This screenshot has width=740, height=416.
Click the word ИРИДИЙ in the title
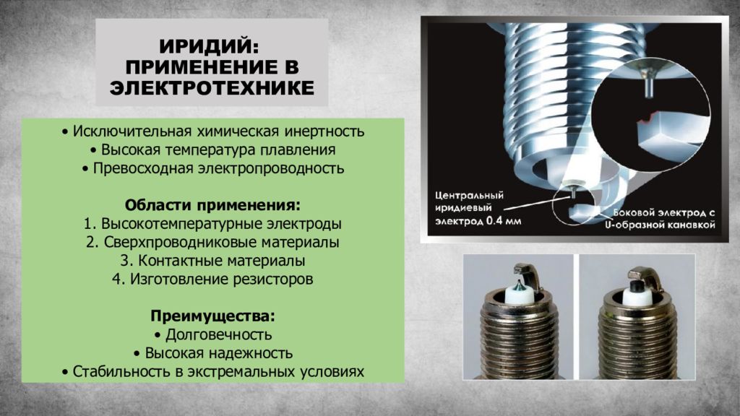[x=209, y=46]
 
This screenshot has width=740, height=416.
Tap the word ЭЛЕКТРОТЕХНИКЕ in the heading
[x=212, y=88]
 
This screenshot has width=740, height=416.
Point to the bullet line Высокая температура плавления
[x=213, y=150]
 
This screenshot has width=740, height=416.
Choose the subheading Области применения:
[x=212, y=205]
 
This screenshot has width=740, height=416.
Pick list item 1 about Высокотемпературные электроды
[x=212, y=224]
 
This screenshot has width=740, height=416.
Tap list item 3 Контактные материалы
[x=212, y=260]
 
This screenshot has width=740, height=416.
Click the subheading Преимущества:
[x=212, y=316]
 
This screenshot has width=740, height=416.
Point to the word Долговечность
[x=218, y=334]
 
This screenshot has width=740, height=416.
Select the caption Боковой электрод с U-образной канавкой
[x=660, y=219]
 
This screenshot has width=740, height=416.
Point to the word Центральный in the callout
[x=469, y=195]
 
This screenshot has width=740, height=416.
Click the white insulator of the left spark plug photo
[x=519, y=295]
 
